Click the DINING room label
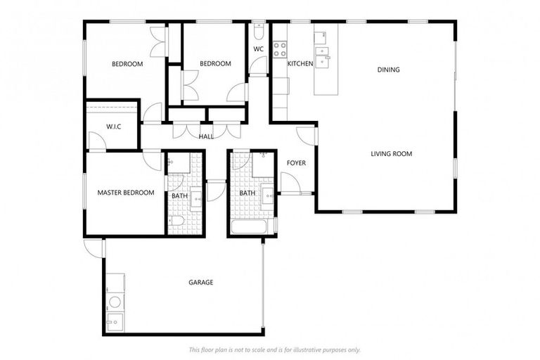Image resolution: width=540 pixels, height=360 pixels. [388, 70]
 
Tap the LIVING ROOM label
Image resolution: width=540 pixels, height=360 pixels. [392, 153]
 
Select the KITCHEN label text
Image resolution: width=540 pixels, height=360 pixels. [300, 64]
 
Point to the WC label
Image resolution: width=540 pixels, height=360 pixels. [258, 49]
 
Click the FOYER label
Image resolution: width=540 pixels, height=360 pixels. [296, 163]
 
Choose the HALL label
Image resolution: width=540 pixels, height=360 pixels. [206, 136]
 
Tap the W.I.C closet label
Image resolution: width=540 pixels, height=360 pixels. [115, 127]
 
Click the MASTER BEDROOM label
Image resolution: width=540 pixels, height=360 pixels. [126, 193]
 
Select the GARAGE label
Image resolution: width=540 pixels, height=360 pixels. [200, 282]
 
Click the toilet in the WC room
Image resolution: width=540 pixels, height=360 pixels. [258, 32]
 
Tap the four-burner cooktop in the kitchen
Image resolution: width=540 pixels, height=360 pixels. [280, 49]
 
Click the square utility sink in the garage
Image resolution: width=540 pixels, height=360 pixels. [115, 323]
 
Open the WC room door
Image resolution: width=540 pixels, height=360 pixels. [258, 67]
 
